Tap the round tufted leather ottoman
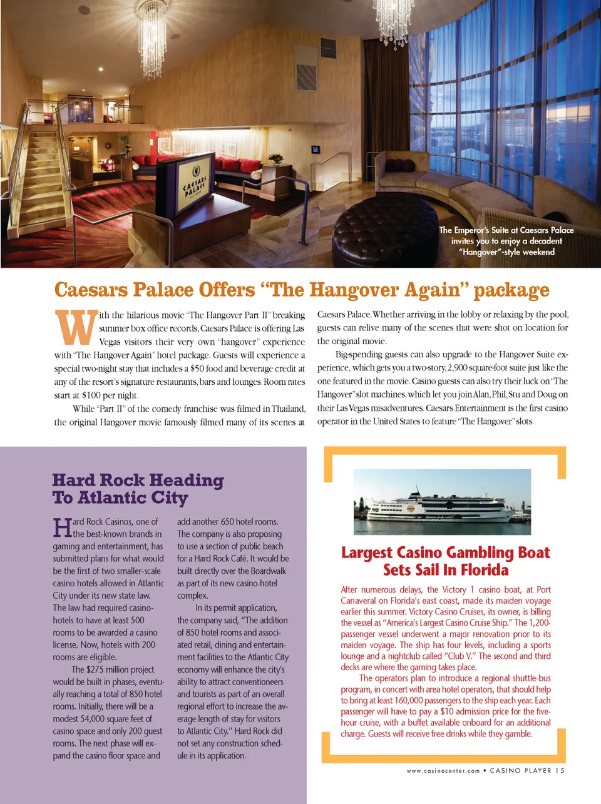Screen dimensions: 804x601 pos(384,231)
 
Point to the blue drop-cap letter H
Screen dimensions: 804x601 pos(62,527)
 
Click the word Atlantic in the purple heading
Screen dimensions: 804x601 pos(115,498)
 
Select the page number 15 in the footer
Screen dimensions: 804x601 pos(560,771)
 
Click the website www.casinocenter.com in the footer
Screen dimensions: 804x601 pos(443,771)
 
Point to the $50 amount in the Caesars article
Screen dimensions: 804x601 pos(198,369)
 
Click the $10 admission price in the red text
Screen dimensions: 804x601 pos(446,711)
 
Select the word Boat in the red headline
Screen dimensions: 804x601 pos(533,553)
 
